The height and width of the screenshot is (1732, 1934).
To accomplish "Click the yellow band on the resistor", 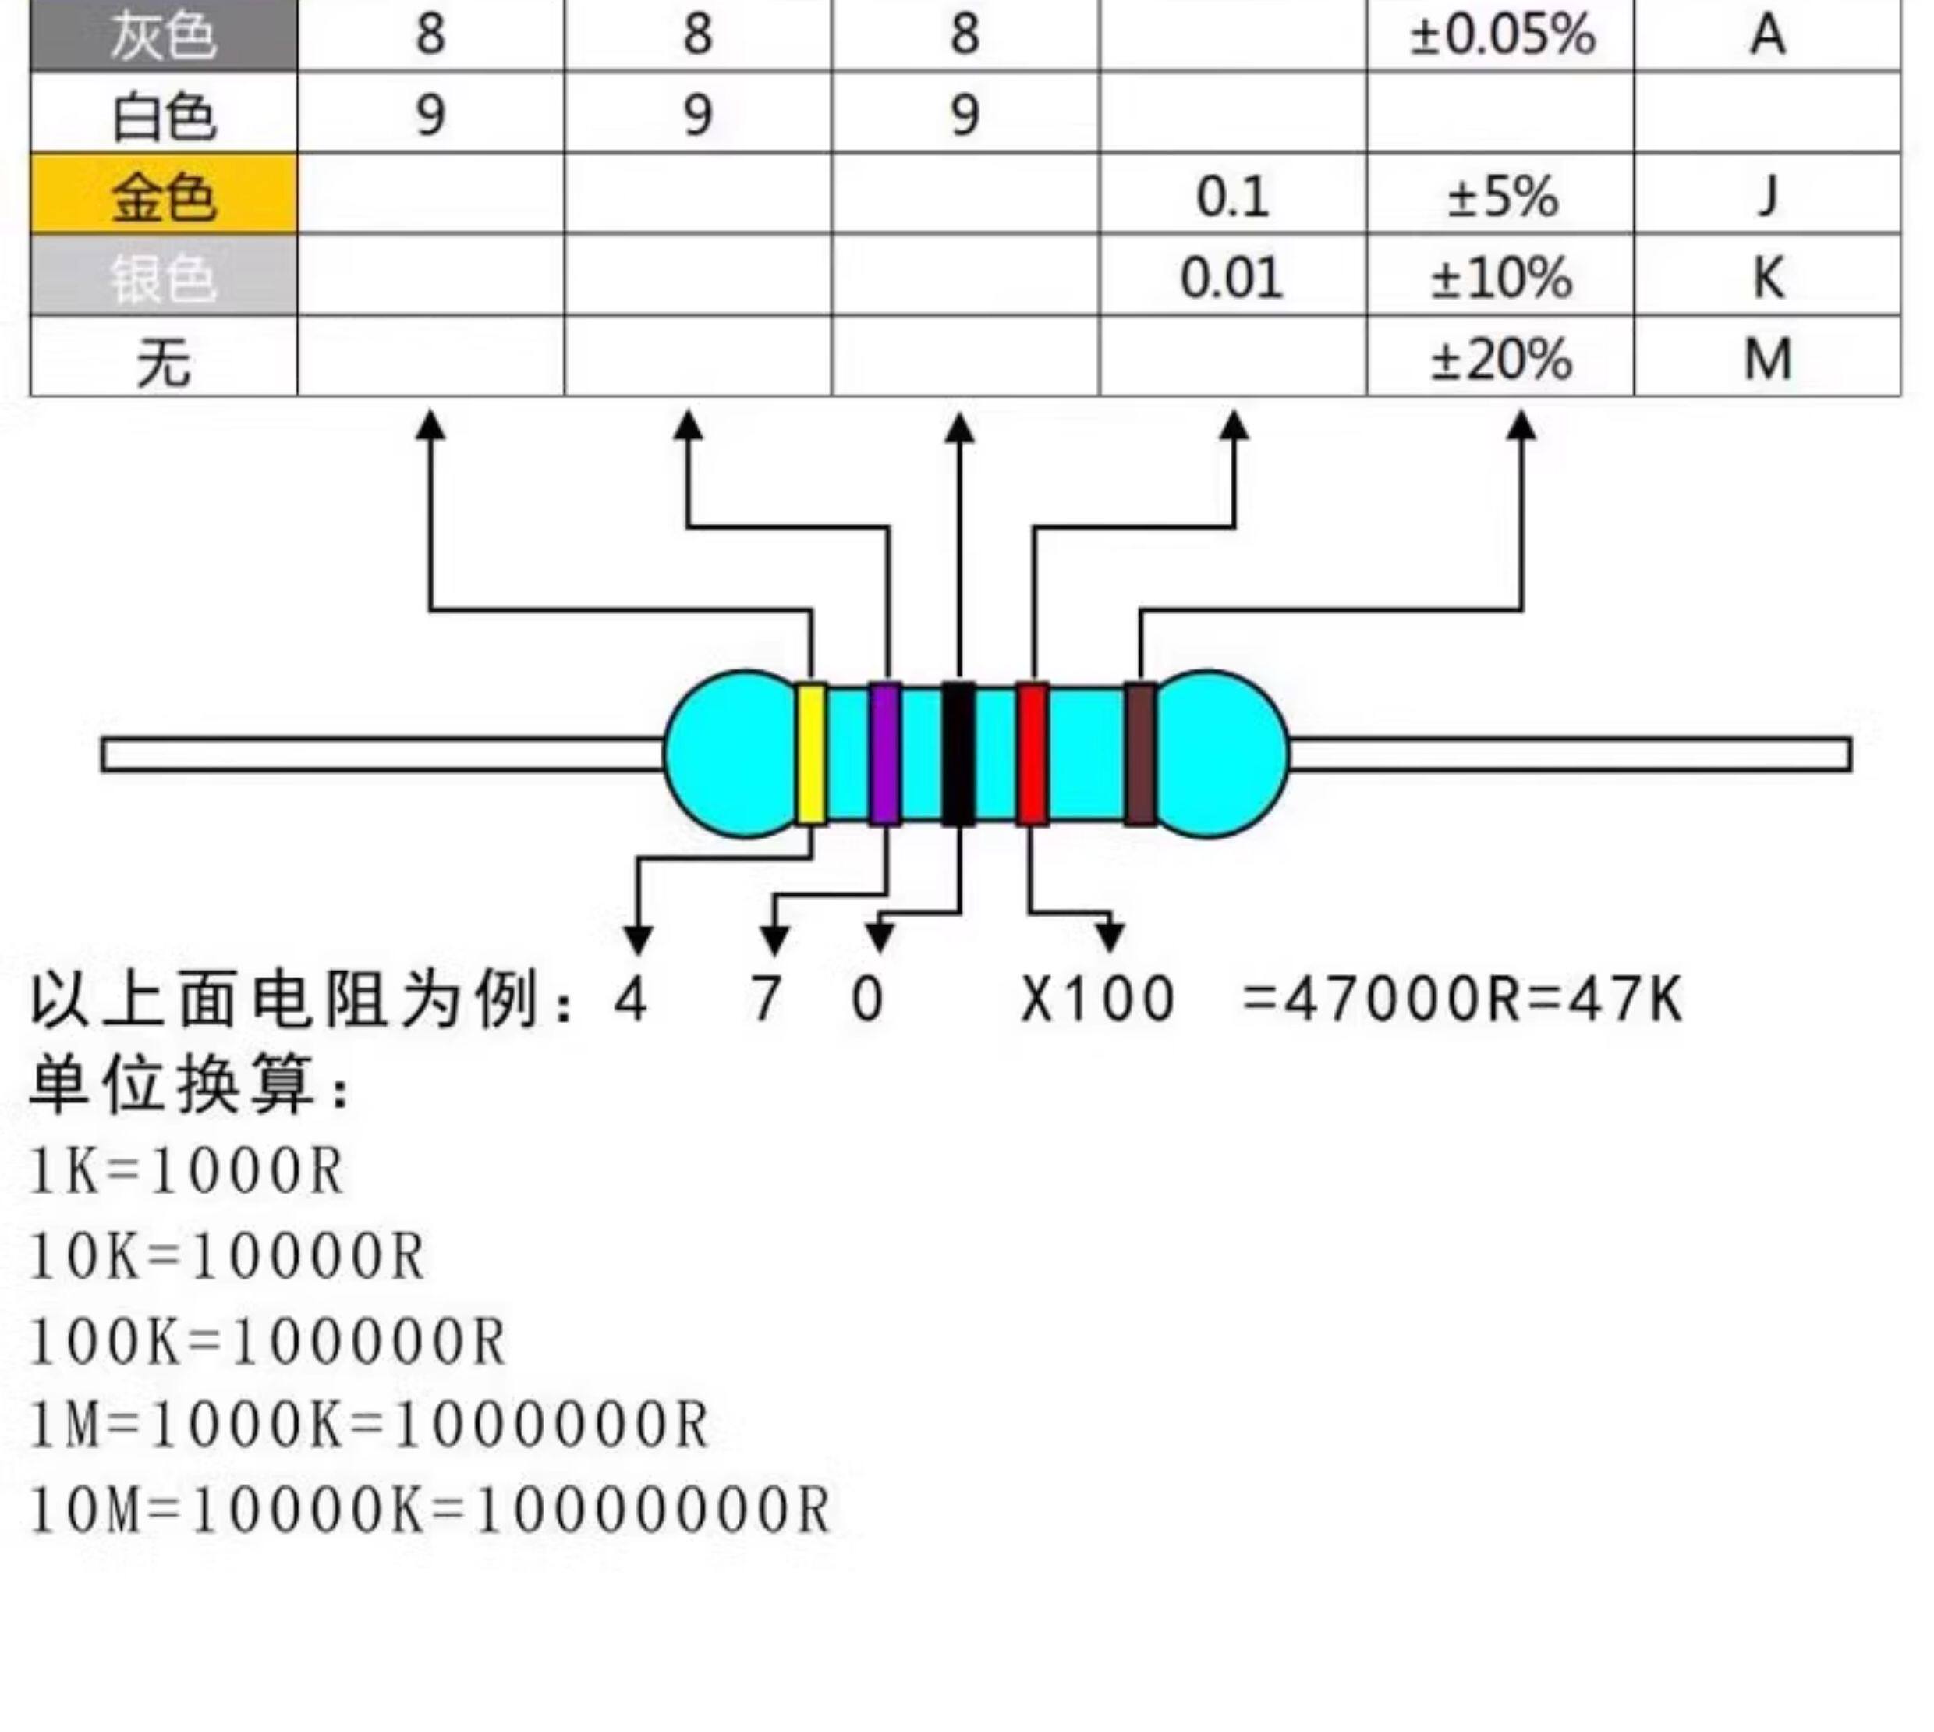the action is [x=809, y=754].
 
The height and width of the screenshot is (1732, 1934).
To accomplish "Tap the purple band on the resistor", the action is [x=884, y=754].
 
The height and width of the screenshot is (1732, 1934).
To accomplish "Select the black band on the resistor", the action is [x=958, y=754].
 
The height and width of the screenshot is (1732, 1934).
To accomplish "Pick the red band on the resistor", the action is [x=1033, y=754].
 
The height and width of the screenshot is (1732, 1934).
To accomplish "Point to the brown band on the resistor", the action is [x=1139, y=754].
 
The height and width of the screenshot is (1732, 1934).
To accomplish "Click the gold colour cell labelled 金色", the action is [x=164, y=195].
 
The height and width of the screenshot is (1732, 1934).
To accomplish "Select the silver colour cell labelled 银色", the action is [x=164, y=277].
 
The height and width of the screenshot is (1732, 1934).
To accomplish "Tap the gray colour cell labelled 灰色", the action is [x=164, y=35].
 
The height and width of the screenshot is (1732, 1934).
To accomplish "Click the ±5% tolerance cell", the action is [x=1501, y=196].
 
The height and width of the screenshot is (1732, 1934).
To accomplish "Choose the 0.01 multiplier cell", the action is [x=1231, y=278].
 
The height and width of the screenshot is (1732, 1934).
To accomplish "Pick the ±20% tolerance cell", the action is [x=1501, y=360].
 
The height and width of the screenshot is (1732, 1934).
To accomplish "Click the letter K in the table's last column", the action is [x=1766, y=278].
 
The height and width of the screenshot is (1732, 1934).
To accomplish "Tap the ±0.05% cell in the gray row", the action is [x=1501, y=35].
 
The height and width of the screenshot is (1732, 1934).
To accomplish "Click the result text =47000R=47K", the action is [x=1461, y=999].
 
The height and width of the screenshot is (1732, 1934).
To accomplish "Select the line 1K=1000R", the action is [x=186, y=1170].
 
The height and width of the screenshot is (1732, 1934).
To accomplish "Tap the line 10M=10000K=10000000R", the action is [x=430, y=1510].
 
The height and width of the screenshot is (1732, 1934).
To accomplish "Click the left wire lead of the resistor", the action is [x=381, y=754].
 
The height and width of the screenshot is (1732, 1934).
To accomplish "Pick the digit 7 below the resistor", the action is [x=766, y=999].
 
